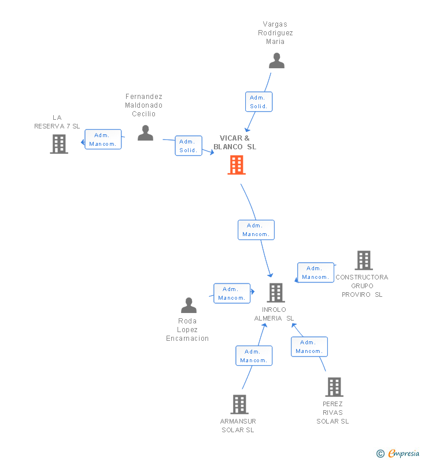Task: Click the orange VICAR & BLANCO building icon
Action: pyautogui.click(x=236, y=165)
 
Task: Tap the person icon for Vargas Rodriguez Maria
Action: pyautogui.click(x=276, y=61)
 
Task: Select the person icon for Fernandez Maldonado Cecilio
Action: pyautogui.click(x=145, y=133)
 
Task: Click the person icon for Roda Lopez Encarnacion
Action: pyautogui.click(x=189, y=306)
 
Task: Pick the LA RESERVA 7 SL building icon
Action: pyautogui.click(x=59, y=144)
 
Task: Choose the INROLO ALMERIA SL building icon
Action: pyautogui.click(x=276, y=293)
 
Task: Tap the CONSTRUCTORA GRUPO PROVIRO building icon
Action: pyautogui.click(x=363, y=260)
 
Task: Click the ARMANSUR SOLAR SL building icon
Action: pyautogui.click(x=239, y=404)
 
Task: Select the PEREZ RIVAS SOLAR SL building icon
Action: pyautogui.click(x=334, y=387)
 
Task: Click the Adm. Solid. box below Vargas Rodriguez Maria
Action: pyautogui.click(x=258, y=102)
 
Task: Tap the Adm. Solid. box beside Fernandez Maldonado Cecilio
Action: pyautogui.click(x=189, y=146)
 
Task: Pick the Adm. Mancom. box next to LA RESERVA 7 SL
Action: pyautogui.click(x=103, y=139)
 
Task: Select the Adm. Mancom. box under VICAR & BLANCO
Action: pyautogui.click(x=256, y=230)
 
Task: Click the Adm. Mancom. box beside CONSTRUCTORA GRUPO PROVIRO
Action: pyautogui.click(x=315, y=273)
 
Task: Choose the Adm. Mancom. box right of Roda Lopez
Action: pyautogui.click(x=231, y=293)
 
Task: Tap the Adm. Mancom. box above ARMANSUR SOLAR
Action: pyautogui.click(x=253, y=356)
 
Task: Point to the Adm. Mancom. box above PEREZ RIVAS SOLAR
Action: pyautogui.click(x=309, y=347)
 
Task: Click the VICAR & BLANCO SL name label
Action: pyautogui.click(x=235, y=142)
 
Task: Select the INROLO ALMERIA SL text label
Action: pyautogui.click(x=274, y=314)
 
